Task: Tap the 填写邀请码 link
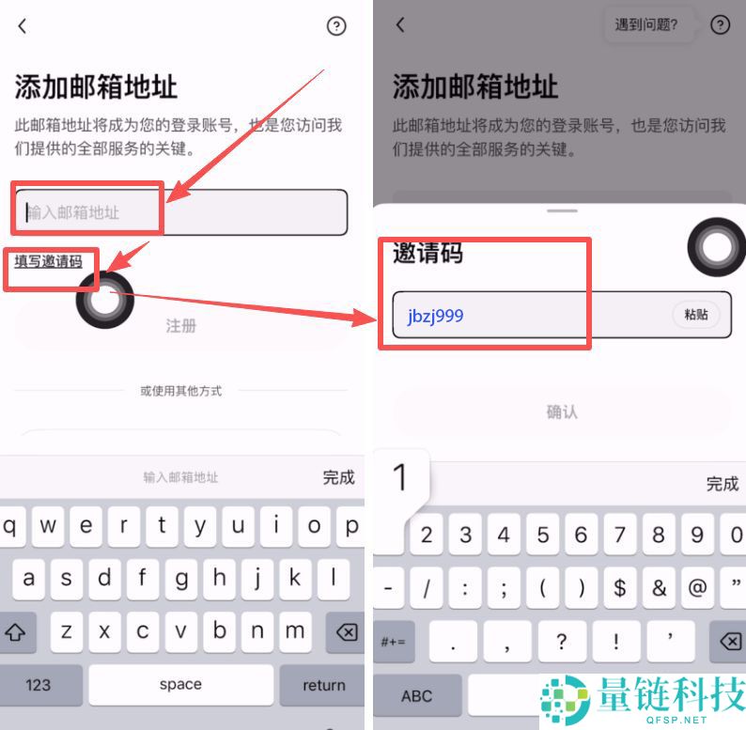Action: click(48, 262)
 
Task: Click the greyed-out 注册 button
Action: click(180, 326)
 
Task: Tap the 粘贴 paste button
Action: click(696, 315)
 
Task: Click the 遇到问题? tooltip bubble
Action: click(646, 25)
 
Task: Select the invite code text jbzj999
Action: click(435, 316)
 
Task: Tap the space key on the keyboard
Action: click(180, 685)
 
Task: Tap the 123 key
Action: click(39, 685)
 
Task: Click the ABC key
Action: click(416, 695)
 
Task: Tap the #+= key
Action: click(392, 642)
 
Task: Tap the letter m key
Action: click(295, 632)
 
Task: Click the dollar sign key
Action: click(619, 588)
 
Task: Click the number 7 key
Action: click(619, 536)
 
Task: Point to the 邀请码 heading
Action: click(427, 253)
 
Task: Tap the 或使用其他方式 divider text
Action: click(180, 391)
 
